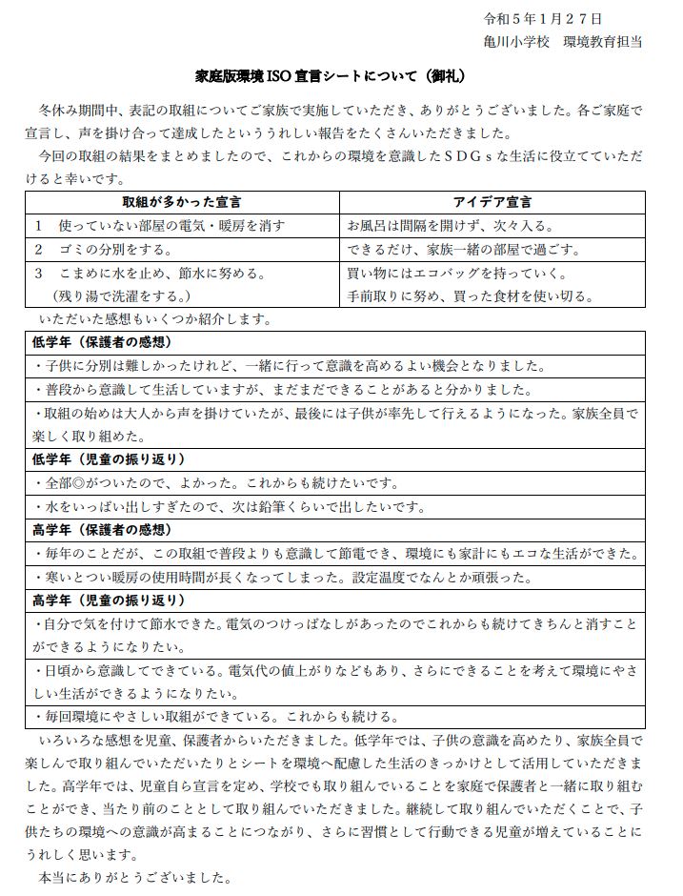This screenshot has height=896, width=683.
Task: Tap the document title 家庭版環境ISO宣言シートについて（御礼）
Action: tap(341, 75)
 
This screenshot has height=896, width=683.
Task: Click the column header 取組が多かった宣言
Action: tap(181, 202)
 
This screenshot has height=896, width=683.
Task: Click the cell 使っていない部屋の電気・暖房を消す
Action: tap(164, 226)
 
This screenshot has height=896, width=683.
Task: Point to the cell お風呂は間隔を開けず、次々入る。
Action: tap(451, 226)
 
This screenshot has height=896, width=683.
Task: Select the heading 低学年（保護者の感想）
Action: tap(102, 342)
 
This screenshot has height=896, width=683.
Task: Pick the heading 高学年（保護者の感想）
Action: tap(102, 530)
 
